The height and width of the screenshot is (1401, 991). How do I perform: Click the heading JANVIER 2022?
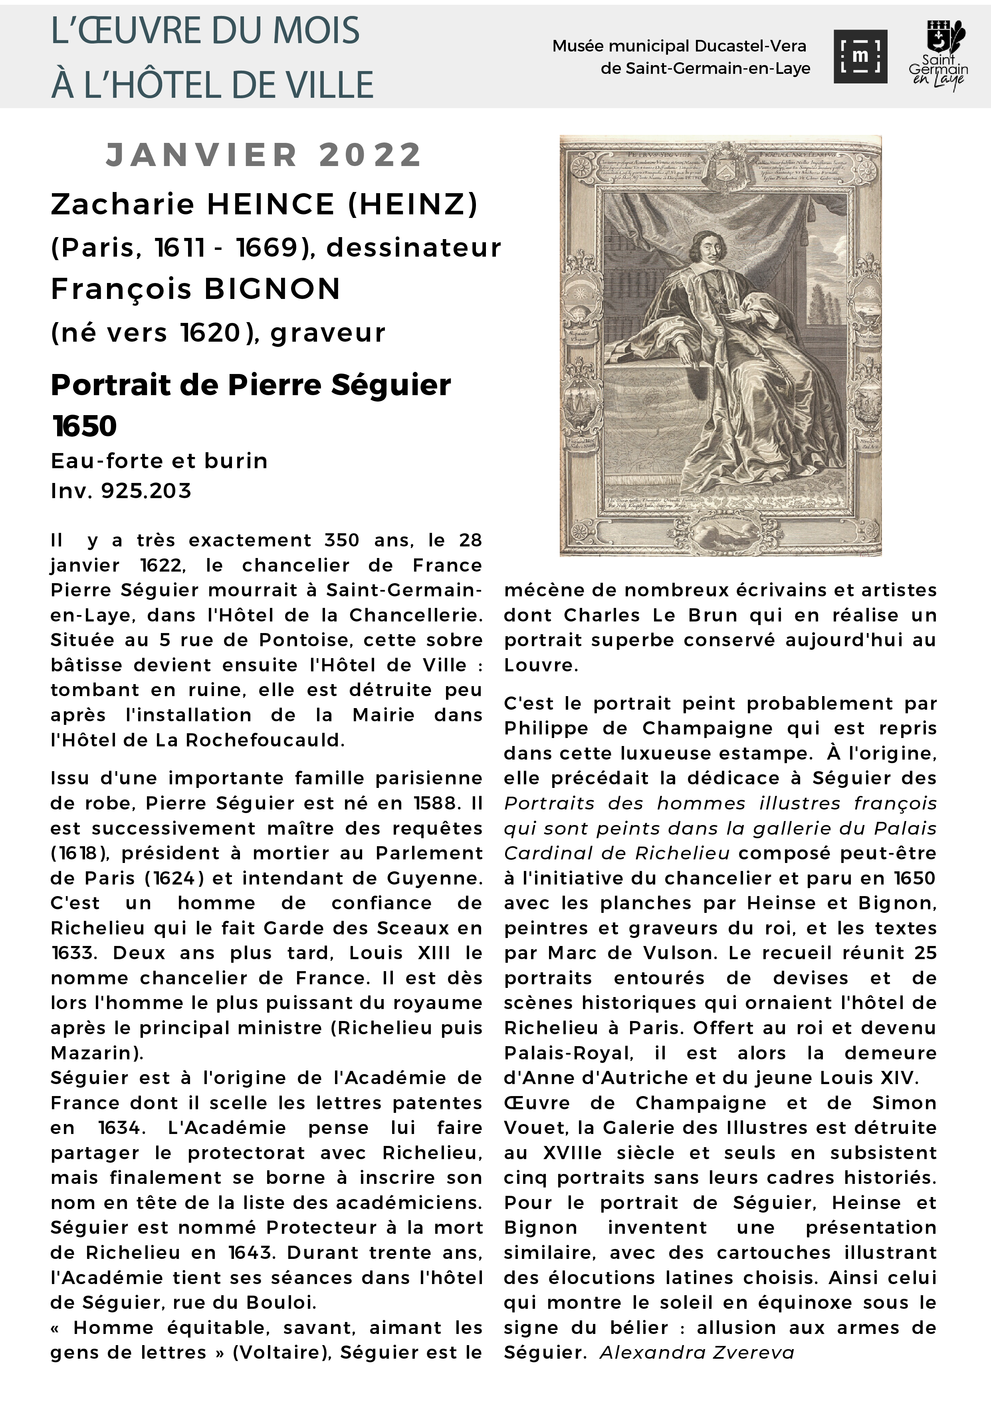264,154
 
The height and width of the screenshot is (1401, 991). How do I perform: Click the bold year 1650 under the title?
84,426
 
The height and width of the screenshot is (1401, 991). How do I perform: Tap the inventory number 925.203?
147,491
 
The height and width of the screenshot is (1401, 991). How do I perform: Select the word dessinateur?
414,248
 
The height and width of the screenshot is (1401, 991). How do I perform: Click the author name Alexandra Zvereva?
697,1353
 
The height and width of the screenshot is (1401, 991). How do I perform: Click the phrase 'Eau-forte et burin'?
159,461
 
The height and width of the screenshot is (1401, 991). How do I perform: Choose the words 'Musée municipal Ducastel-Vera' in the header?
679,46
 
